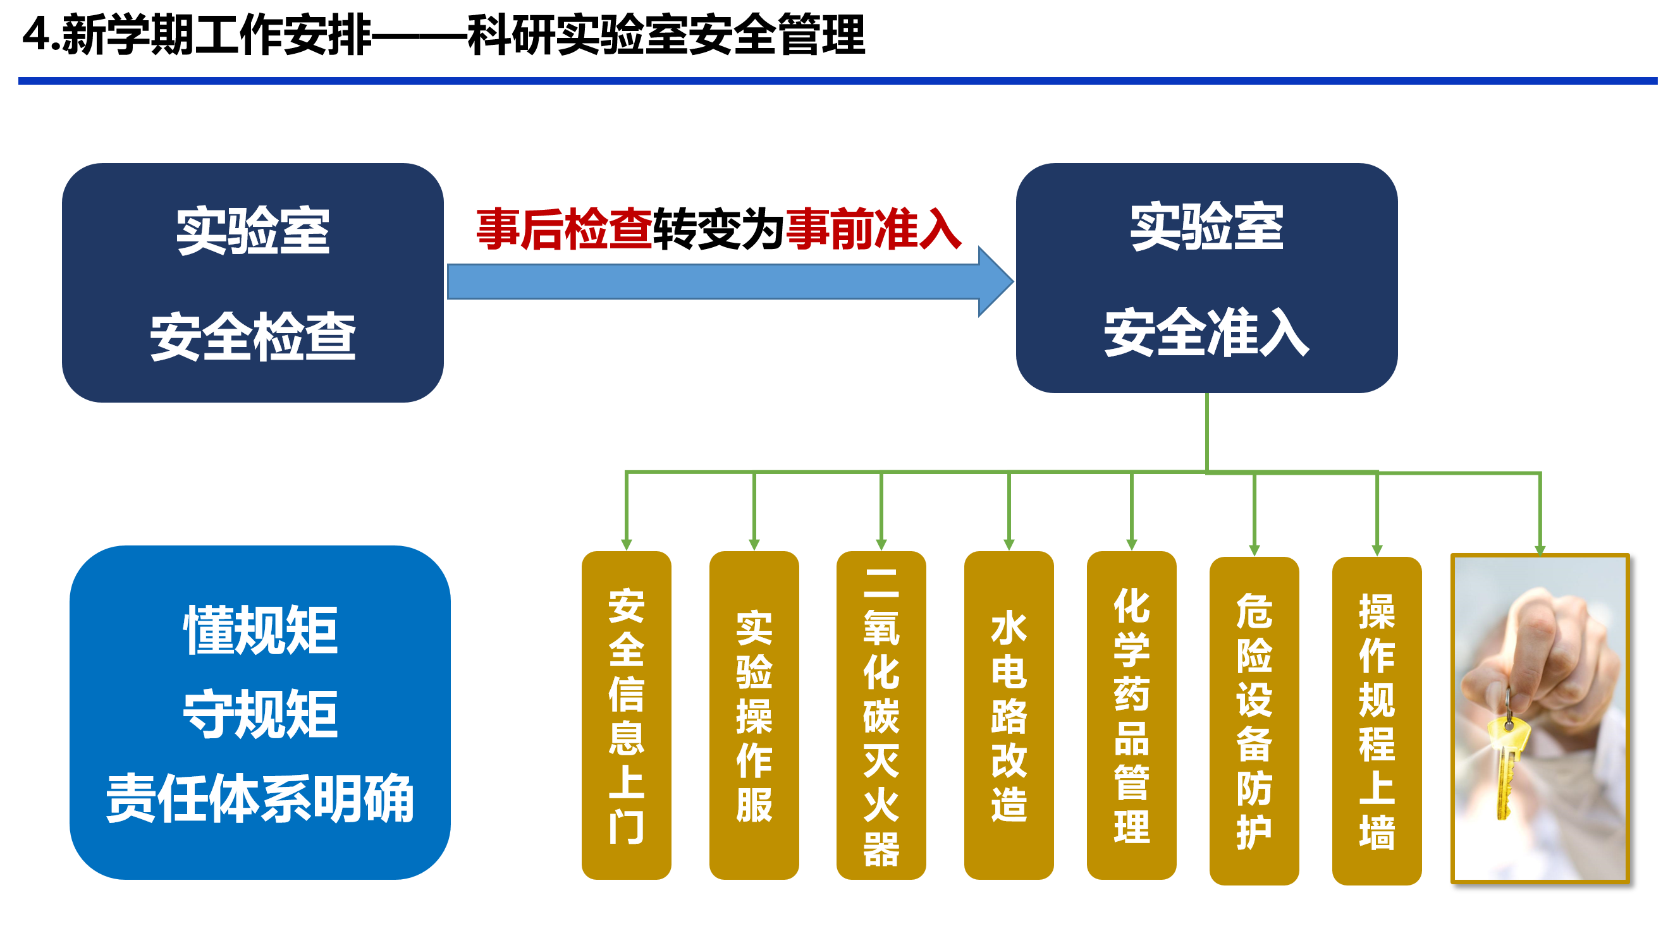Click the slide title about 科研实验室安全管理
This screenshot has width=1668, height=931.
tap(443, 35)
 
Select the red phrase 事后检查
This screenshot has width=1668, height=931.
tap(564, 229)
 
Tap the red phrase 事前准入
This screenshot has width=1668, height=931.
tap(873, 229)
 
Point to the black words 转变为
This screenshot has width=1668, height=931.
tap(719, 229)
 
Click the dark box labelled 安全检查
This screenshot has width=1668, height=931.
tap(252, 283)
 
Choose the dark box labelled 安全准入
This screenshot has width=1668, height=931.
tap(1206, 278)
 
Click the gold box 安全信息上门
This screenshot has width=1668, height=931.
tap(626, 715)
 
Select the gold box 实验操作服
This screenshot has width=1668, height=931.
tap(754, 715)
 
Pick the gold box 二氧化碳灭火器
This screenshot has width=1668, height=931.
tap(881, 715)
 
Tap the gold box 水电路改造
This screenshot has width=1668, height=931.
tap(1008, 715)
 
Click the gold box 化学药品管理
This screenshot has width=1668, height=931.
tap(1131, 715)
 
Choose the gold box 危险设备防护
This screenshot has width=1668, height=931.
tap(1254, 720)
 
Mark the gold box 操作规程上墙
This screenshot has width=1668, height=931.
tap(1377, 720)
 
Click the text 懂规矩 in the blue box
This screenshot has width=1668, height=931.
tap(261, 630)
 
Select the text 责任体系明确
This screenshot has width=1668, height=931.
tap(261, 798)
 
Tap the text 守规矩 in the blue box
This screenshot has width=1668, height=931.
tap(261, 714)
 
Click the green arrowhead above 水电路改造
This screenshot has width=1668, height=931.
tap(1009, 544)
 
